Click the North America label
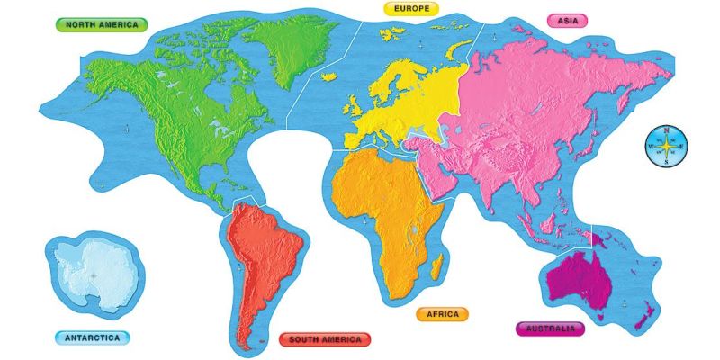pos(101,24)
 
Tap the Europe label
pos(411,8)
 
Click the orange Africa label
pos(442,314)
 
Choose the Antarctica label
pos(91,338)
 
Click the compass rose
pos(666,147)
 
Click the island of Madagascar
pos(436,265)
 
